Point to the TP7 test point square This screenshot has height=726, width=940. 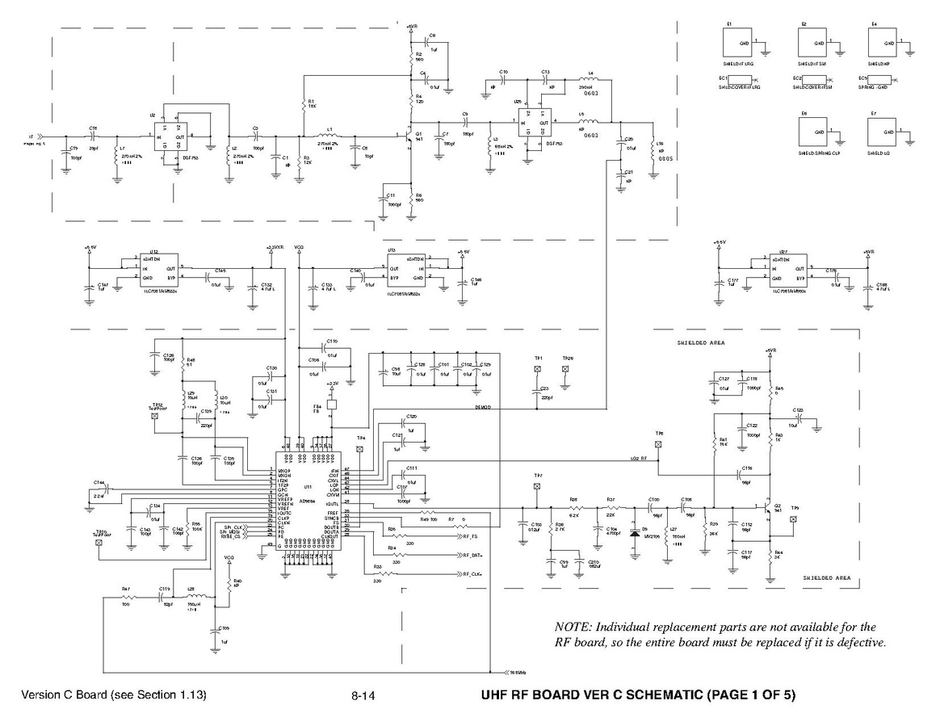(x=537, y=487)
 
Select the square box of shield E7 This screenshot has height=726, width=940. (x=884, y=132)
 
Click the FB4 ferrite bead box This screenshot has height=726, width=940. (x=331, y=404)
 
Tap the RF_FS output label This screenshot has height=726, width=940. (x=471, y=536)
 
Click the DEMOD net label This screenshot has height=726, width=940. (x=484, y=409)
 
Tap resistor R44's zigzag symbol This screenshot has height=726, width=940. (x=770, y=556)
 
